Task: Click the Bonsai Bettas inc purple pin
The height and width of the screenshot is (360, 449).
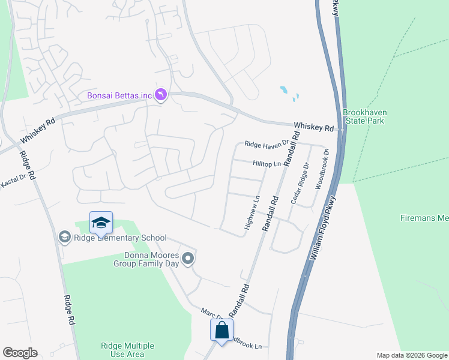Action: pos(161,95)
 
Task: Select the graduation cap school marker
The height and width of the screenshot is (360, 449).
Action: pos(101,224)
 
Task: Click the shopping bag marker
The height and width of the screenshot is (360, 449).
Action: pos(221,330)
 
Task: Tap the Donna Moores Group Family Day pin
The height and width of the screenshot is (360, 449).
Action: pos(188,259)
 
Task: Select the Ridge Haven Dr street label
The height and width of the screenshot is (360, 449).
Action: pos(267,144)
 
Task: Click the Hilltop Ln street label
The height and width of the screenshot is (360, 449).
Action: pos(267,163)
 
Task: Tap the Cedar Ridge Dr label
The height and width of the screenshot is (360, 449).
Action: pos(299,183)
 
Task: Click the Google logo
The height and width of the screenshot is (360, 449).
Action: pos(20,353)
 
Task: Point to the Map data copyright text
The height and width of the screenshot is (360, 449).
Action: pos(412,355)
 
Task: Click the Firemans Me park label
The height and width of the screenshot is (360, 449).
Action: pos(424,218)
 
